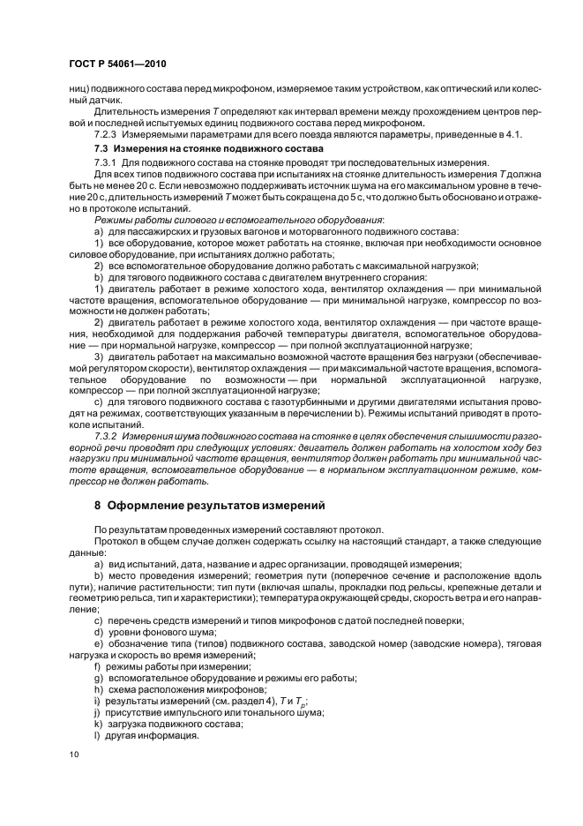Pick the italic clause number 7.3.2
pyautogui.click(x=107, y=435)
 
